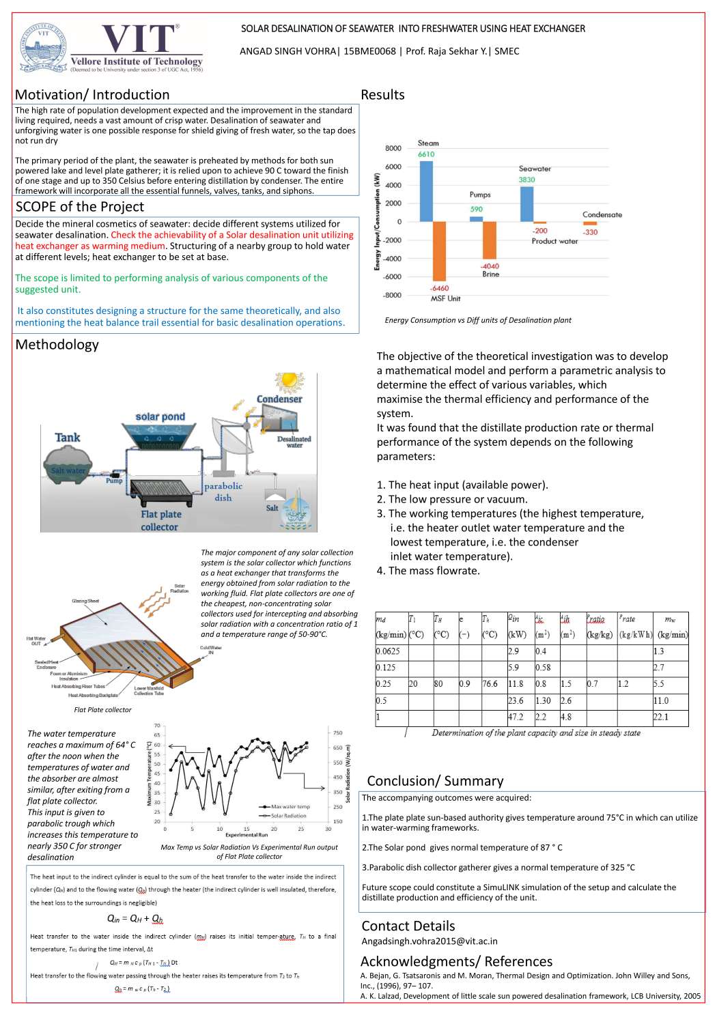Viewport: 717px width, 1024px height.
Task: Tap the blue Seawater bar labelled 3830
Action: (526, 203)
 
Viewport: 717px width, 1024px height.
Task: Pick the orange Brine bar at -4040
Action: (490, 240)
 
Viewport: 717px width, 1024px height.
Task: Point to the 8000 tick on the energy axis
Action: (393, 148)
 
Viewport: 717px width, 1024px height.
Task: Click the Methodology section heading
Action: (57, 345)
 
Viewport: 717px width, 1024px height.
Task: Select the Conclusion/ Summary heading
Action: (435, 781)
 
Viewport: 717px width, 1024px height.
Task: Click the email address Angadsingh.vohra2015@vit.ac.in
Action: (430, 941)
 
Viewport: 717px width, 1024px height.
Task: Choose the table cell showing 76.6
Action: (490, 684)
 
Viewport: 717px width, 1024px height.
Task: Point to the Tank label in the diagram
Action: (68, 438)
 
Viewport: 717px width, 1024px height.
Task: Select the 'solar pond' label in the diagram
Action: (160, 416)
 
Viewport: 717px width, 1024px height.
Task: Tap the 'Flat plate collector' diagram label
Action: (160, 521)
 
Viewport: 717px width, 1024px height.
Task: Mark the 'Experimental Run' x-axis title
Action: (247, 835)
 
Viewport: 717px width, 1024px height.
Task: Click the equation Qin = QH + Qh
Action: (135, 918)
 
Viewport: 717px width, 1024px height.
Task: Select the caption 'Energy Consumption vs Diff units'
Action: (478, 320)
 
